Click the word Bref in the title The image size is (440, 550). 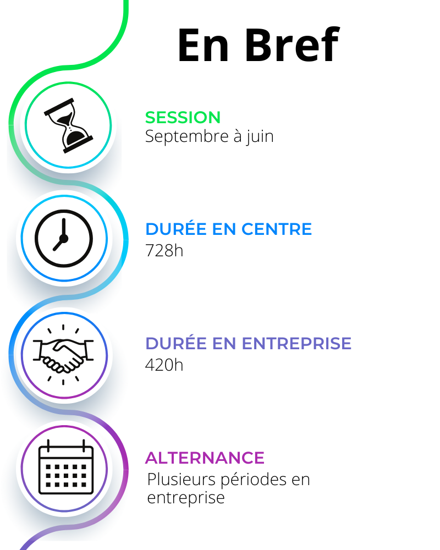[292, 45]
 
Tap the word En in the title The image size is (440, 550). [204, 45]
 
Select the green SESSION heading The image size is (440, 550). [183, 118]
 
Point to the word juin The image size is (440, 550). [260, 136]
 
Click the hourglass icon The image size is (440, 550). [68, 125]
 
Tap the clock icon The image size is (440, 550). [63, 239]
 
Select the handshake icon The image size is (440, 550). [63, 355]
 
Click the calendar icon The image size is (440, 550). [66, 467]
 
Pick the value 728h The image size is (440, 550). [164, 251]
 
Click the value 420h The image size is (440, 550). [164, 365]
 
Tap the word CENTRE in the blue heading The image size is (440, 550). [277, 229]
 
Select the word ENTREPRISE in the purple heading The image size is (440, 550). [296, 344]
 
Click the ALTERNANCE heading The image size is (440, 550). [205, 458]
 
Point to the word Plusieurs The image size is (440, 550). [181, 480]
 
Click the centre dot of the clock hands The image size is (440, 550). [63, 239]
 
